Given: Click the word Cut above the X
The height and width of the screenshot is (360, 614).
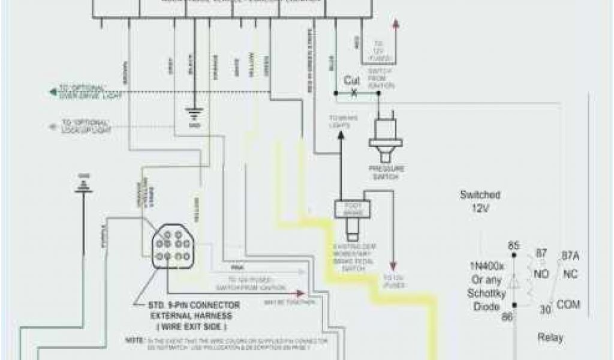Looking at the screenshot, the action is coord(351,80).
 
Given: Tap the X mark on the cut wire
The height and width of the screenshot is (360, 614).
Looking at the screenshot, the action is coord(353,93).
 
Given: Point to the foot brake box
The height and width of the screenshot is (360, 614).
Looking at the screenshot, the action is coord(353,209).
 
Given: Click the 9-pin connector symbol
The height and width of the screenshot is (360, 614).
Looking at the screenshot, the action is coord(170,245).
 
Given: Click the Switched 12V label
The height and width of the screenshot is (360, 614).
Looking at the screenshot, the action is coord(480,200).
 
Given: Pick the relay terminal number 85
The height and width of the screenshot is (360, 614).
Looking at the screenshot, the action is coord(513,245).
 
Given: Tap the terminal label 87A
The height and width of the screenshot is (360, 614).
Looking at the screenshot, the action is coord(570,256).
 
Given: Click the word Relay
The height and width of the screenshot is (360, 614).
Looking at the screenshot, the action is coord(550,338).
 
